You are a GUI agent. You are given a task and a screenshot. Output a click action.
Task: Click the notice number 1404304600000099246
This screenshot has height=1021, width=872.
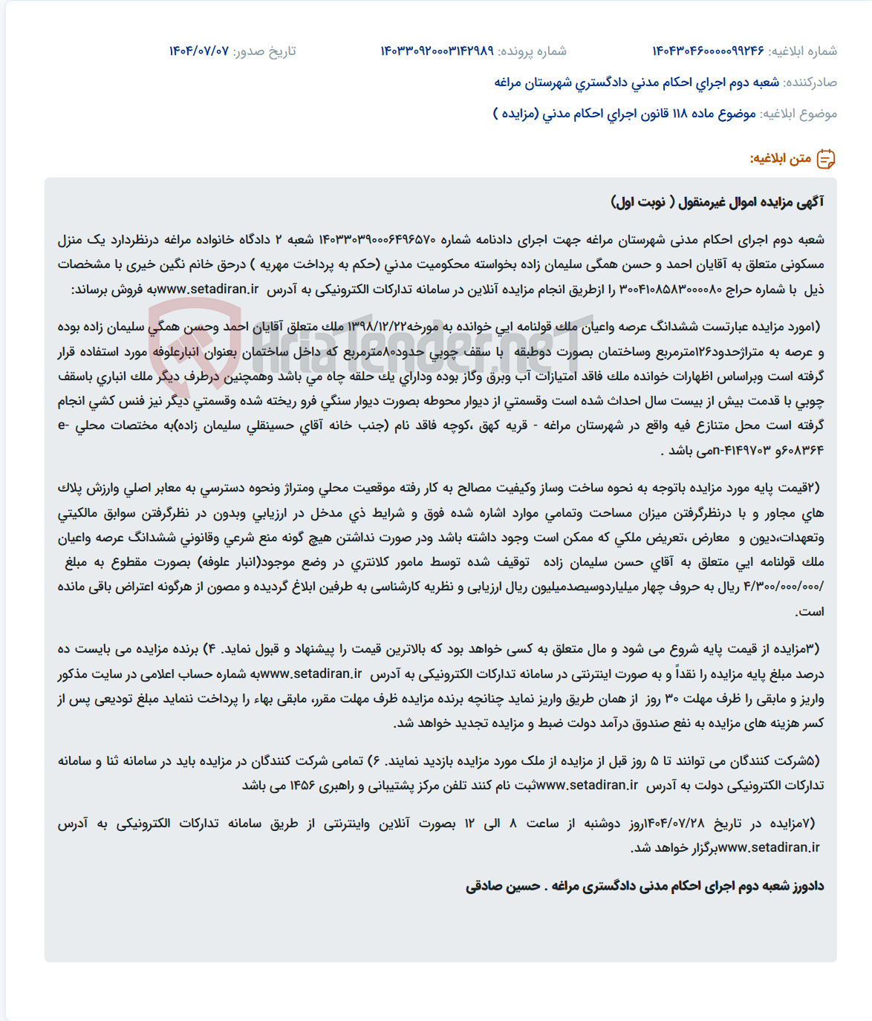[x=708, y=51]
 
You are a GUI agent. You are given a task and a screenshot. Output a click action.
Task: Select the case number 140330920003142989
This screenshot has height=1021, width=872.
[x=437, y=51]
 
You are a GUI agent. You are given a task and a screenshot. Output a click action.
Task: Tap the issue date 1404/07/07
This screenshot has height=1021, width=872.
[x=198, y=51]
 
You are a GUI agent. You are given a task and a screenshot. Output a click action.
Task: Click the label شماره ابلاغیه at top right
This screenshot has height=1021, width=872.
[x=803, y=51]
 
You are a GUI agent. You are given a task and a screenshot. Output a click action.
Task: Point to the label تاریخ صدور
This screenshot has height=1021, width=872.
[x=264, y=51]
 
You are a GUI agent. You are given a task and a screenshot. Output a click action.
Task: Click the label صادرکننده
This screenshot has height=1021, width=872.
[x=810, y=82]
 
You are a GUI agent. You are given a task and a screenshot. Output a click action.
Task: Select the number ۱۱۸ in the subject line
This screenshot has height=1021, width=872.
[x=680, y=114]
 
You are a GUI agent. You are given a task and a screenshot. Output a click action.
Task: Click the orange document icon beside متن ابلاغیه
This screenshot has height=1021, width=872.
[x=826, y=158]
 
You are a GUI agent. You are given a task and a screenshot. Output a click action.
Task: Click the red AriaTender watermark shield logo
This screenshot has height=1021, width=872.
[x=195, y=344]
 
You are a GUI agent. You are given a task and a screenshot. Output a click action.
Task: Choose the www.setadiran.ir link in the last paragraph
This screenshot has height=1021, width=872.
[x=769, y=847]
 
